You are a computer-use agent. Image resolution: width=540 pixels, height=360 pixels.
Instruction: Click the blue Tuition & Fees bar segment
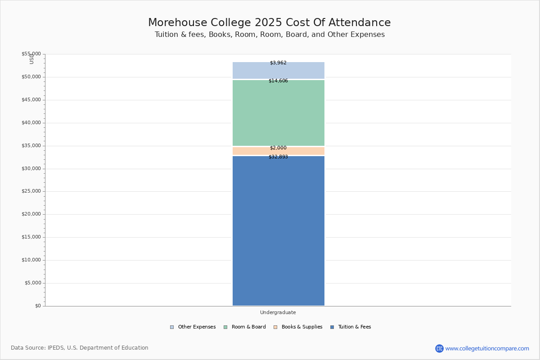click(x=278, y=230)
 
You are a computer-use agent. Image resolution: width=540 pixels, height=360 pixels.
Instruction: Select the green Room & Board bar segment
click(x=278, y=112)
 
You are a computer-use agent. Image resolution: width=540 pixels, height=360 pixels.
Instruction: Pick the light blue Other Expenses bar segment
click(x=278, y=71)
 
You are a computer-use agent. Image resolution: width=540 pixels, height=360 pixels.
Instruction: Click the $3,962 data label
click(x=278, y=63)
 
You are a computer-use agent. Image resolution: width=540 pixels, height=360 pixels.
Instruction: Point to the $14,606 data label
click(x=278, y=81)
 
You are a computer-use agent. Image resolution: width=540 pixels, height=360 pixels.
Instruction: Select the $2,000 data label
click(x=278, y=148)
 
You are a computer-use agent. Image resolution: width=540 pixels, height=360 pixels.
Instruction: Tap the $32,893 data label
click(x=278, y=157)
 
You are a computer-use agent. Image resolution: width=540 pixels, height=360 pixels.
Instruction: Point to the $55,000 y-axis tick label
click(x=31, y=54)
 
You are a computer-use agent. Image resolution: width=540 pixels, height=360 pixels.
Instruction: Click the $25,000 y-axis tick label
click(x=31, y=191)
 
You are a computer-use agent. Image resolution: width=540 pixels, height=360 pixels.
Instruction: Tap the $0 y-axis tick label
click(x=38, y=306)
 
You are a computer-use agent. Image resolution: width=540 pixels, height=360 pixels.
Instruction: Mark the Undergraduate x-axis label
click(x=278, y=313)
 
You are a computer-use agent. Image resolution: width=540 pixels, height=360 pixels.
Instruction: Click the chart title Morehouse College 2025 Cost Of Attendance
click(x=270, y=23)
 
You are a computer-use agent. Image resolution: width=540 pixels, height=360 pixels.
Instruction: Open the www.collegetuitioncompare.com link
click(x=487, y=349)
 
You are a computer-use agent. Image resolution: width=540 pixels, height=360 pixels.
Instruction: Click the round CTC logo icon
click(x=439, y=349)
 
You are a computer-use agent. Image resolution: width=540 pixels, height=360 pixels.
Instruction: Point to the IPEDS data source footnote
click(x=80, y=348)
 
